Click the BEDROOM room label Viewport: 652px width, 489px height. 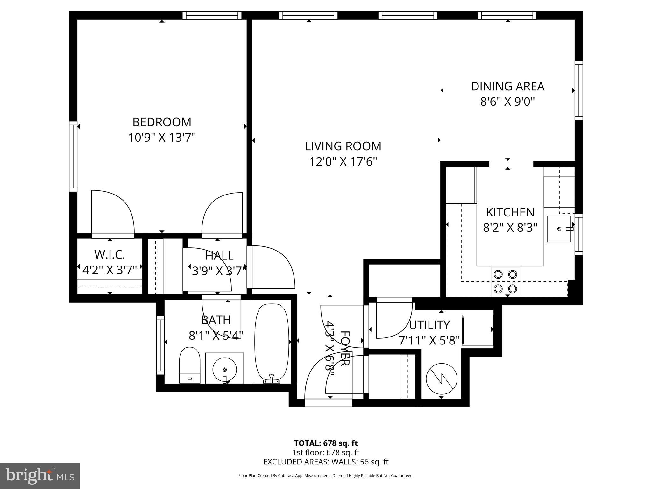[x=162, y=122]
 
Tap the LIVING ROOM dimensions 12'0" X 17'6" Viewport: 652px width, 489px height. [x=343, y=162]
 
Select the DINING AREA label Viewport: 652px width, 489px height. [x=507, y=87]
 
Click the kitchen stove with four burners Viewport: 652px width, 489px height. [x=505, y=281]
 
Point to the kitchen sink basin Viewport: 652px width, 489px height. [x=559, y=229]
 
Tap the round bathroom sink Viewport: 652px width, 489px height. [x=224, y=369]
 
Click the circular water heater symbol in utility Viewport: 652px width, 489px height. [x=441, y=379]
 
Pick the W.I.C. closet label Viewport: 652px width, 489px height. [x=110, y=255]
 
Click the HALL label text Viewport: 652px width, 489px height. [x=219, y=256]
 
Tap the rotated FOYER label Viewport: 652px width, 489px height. [x=345, y=348]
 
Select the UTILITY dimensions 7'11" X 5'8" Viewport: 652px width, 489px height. [x=429, y=341]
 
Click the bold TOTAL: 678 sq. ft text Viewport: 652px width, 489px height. [x=326, y=443]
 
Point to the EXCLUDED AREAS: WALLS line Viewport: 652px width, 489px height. [x=326, y=462]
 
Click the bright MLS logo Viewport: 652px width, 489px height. [x=40, y=476]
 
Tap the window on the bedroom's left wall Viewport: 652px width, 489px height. [x=73, y=156]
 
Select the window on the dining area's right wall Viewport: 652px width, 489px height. [x=578, y=90]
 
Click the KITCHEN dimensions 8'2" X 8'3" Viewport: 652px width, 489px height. [x=510, y=228]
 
